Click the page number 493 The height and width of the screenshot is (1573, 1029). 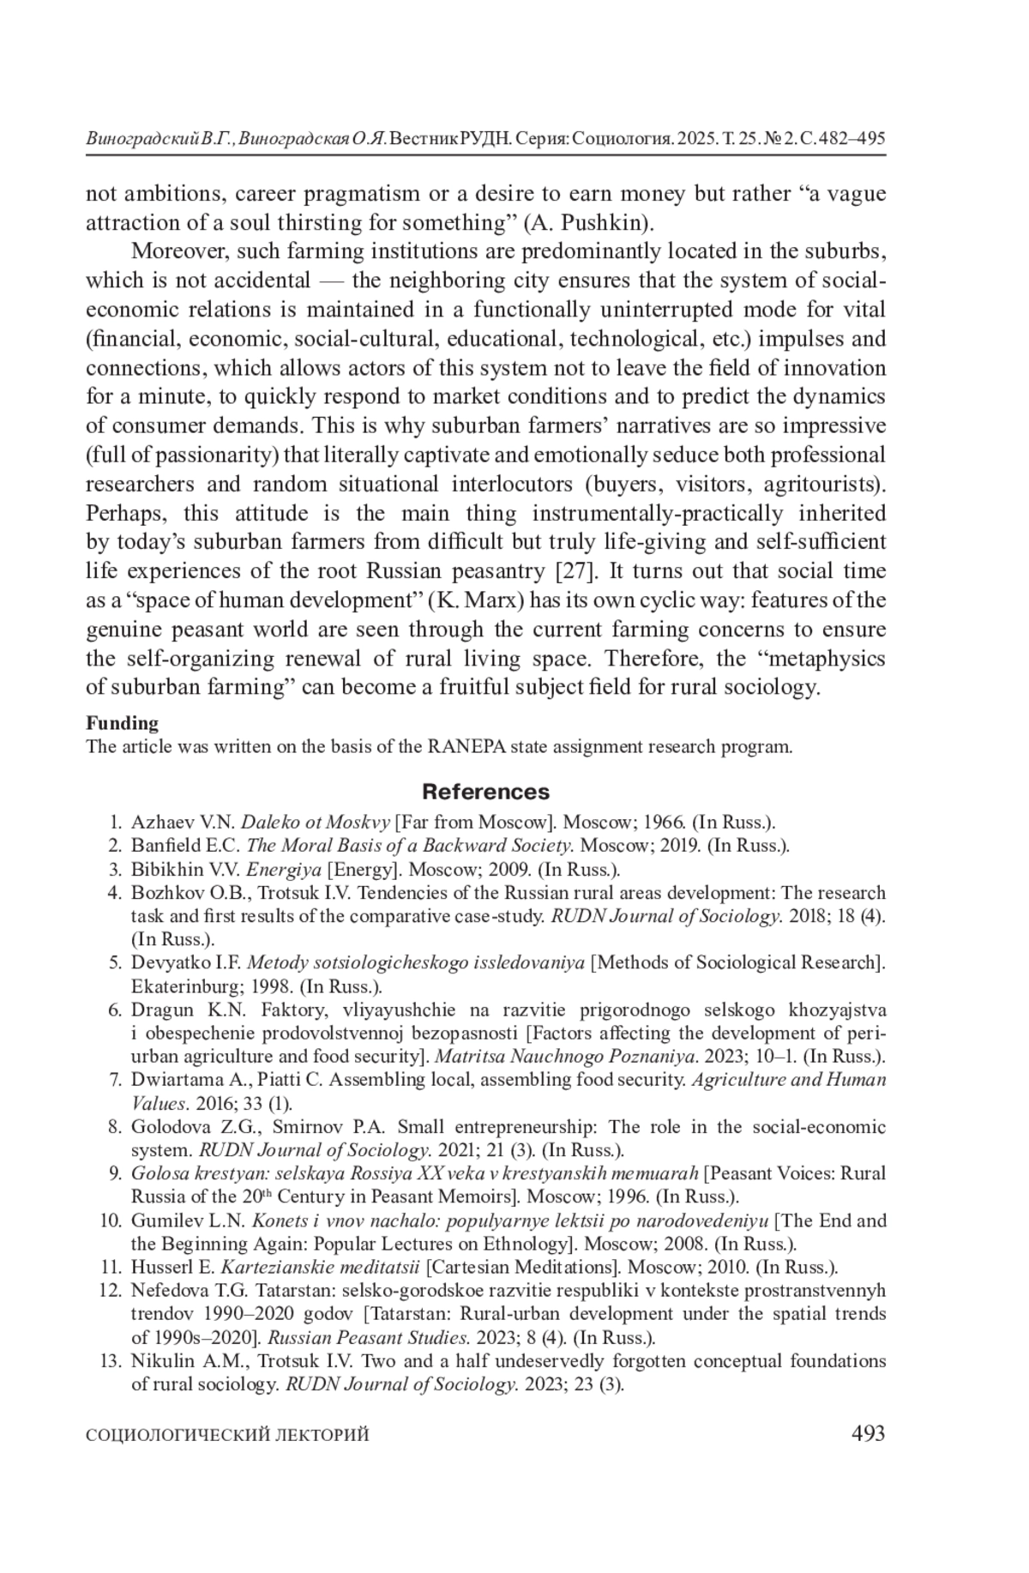coord(868,1433)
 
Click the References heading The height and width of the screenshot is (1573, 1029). coord(485,792)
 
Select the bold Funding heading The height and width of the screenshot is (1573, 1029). coord(122,723)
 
